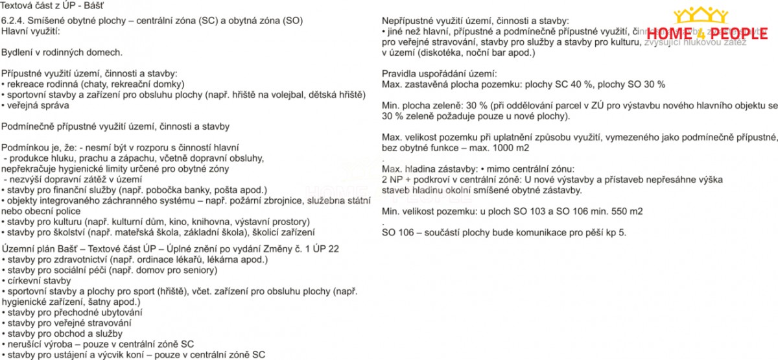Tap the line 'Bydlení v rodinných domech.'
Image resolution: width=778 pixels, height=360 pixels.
(61, 51)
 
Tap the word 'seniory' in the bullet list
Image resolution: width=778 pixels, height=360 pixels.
(200, 270)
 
